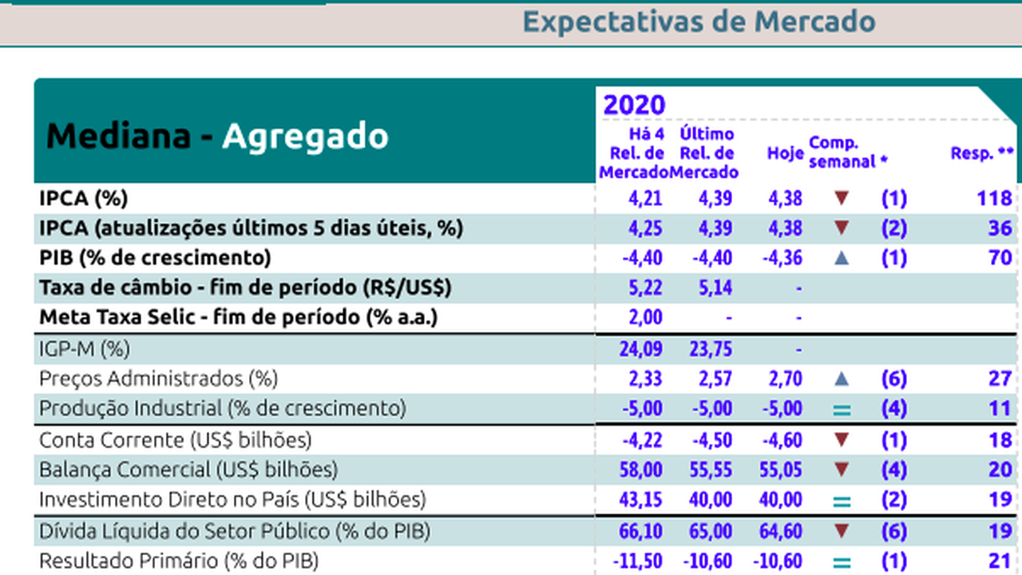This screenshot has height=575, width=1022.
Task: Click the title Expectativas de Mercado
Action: pos(699,22)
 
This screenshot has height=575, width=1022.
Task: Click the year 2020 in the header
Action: pos(634,105)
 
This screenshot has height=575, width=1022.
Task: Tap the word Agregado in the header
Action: pos(305,137)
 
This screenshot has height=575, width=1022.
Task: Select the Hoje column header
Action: pos(785,153)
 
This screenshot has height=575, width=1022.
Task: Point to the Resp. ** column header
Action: pos(982,153)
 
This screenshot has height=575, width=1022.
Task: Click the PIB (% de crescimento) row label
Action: pos(156,258)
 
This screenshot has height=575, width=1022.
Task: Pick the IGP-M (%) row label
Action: pos(85,349)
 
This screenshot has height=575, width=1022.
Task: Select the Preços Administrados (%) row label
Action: pos(159,379)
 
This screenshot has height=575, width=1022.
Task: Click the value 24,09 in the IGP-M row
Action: pos(640,349)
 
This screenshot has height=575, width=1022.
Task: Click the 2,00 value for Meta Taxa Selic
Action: pos(646,318)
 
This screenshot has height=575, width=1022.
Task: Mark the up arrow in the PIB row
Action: pos(841,258)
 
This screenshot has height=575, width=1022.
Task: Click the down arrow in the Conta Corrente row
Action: pos(841,440)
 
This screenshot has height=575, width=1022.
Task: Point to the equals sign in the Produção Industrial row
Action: pos(842,410)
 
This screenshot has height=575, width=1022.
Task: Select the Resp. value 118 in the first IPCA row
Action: pos(994,198)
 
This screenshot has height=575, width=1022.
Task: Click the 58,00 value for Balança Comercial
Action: pos(640,470)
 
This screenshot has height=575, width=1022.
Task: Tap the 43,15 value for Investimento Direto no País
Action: pos(640,500)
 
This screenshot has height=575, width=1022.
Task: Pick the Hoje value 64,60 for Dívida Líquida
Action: pos(782,531)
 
